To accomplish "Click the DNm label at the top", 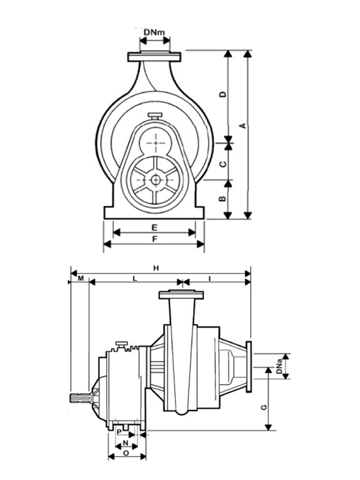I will tap(155, 31).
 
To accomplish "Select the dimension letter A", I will tap(242, 125).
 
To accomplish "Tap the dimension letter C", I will tap(222, 163).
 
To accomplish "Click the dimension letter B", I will tap(222, 199).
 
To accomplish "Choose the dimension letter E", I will tap(154, 227).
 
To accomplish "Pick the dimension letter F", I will tap(154, 239).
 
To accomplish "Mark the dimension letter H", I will tap(156, 268).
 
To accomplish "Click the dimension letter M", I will tap(79, 280).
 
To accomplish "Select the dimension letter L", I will tap(134, 280).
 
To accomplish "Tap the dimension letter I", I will tap(209, 280).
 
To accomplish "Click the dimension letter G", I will tap(262, 407).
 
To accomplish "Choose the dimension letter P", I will tap(119, 431).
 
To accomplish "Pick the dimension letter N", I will tap(125, 443).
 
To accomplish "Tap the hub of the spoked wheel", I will tap(155, 179).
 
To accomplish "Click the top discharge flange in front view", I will tap(154, 57).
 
